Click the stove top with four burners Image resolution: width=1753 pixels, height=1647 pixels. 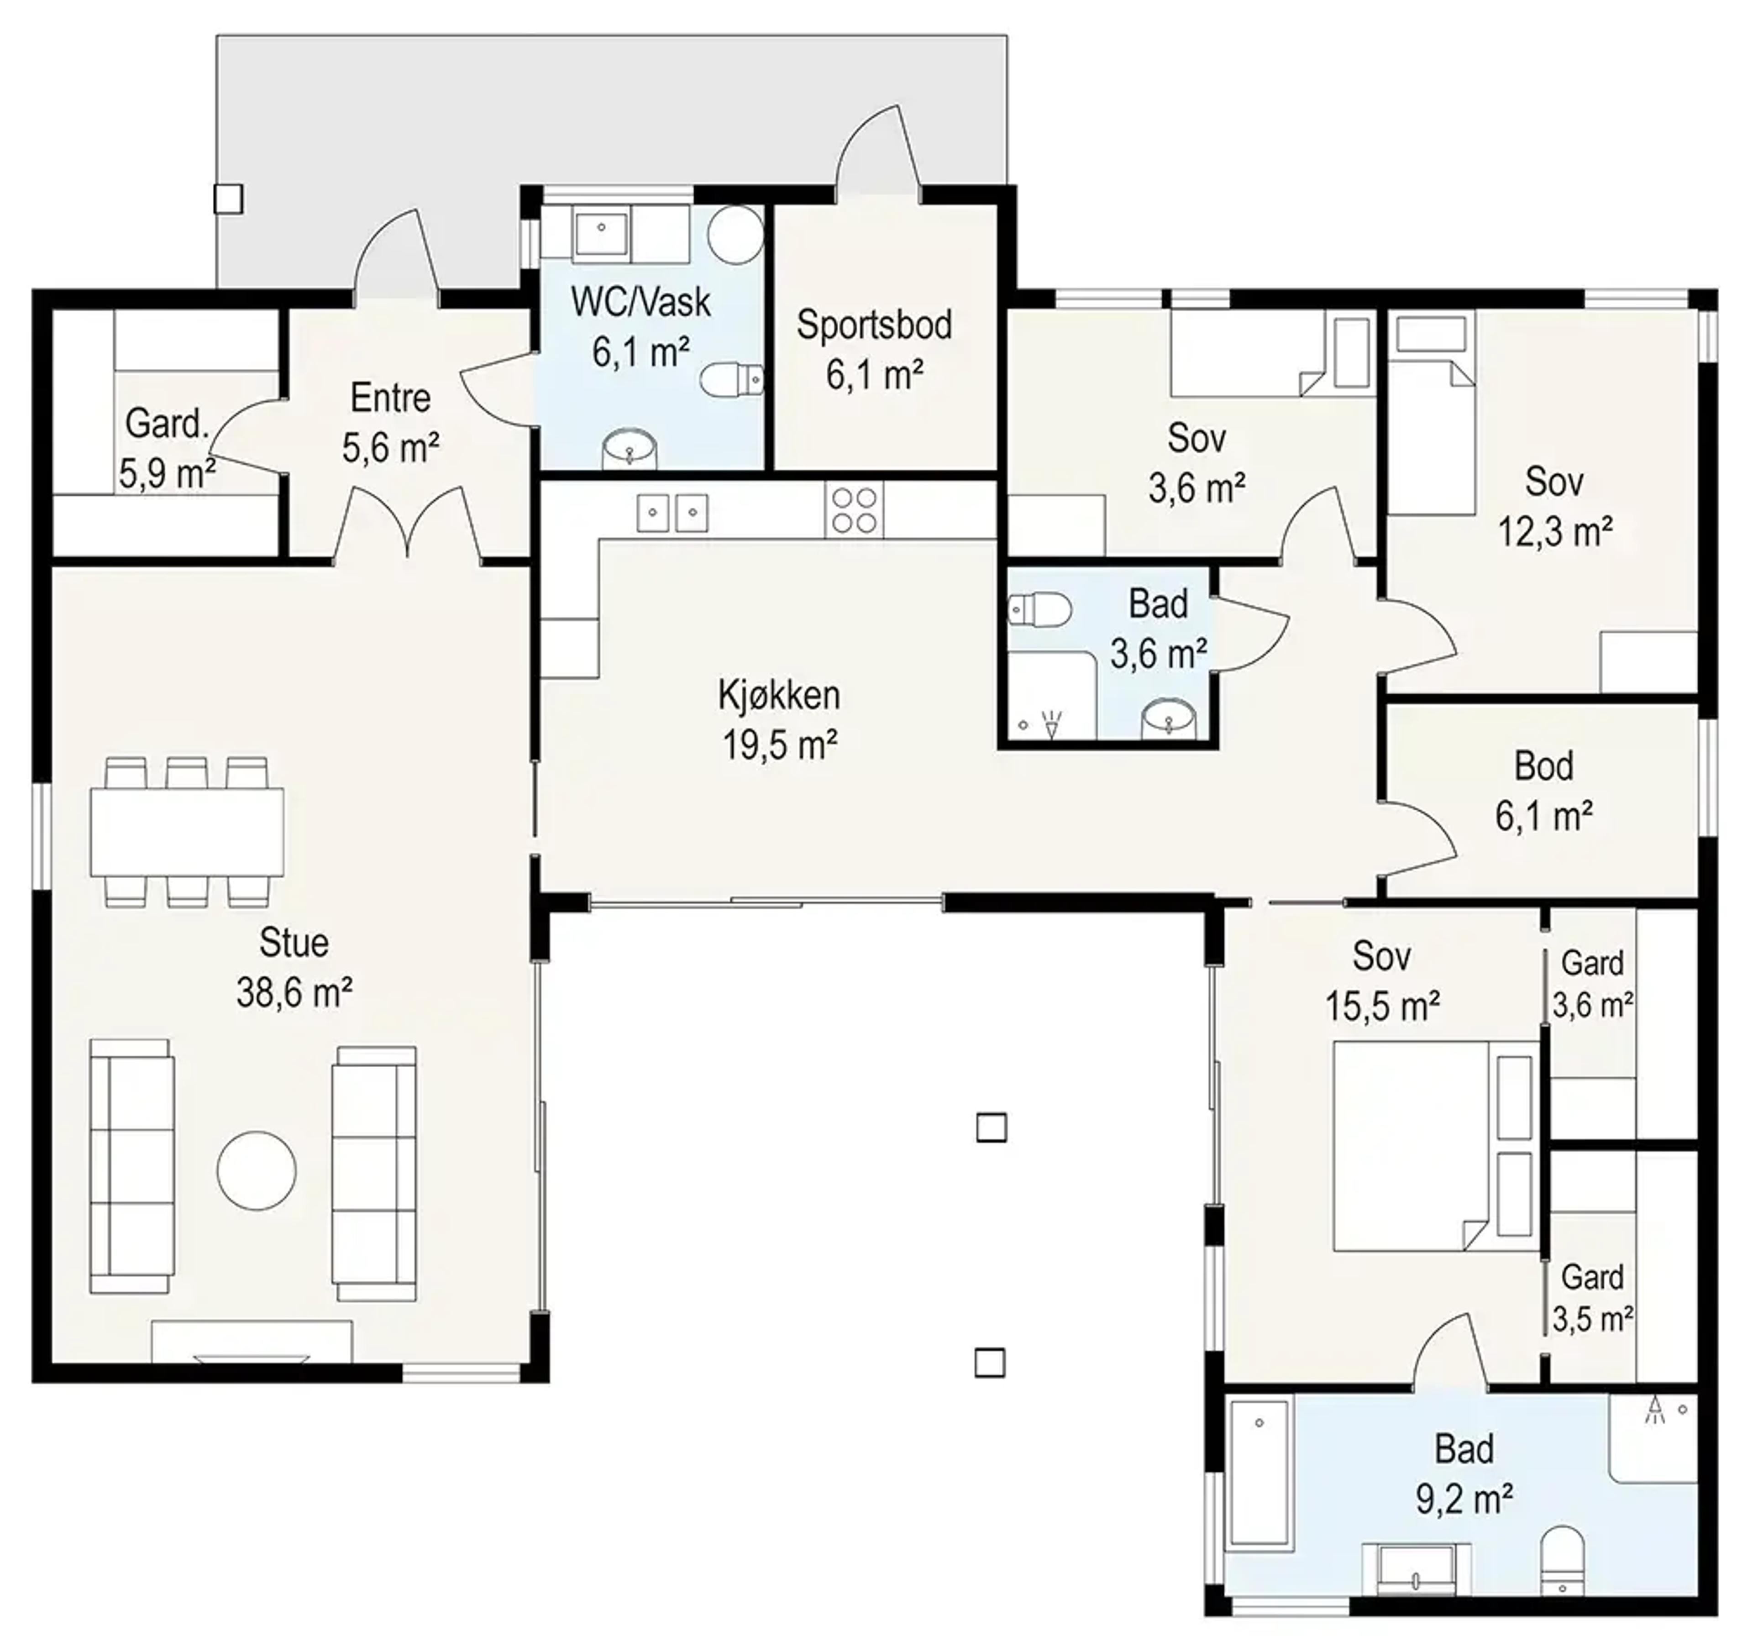(854, 509)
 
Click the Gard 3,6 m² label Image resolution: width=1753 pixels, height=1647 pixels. (1592, 984)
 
